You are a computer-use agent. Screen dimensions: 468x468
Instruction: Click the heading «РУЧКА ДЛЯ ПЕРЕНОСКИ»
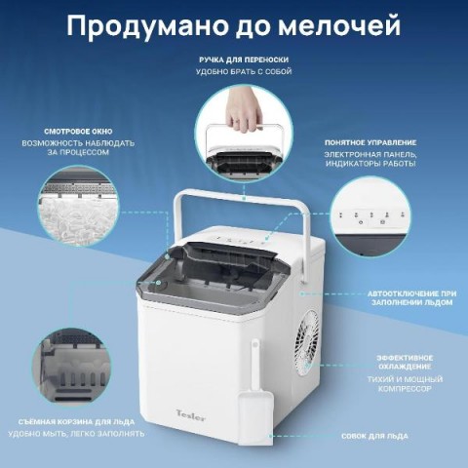pyautogui.click(x=244, y=59)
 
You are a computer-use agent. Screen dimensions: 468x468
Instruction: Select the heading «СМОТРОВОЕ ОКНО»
pyautogui.click(x=78, y=132)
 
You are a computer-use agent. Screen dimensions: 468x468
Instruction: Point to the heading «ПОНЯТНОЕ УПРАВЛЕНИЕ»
pyautogui.click(x=370, y=142)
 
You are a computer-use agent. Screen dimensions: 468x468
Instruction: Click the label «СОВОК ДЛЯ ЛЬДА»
pyautogui.click(x=374, y=436)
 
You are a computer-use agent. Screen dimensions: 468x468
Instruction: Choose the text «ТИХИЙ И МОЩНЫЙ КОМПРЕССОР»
pyautogui.click(x=405, y=384)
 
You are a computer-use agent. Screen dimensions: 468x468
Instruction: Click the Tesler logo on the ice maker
pyautogui.click(x=191, y=415)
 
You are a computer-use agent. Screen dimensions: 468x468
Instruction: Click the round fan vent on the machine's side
pyautogui.click(x=307, y=343)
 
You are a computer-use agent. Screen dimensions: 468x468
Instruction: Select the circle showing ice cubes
pyautogui.click(x=78, y=206)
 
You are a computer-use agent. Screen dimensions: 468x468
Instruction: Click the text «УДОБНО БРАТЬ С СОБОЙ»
pyautogui.click(x=244, y=71)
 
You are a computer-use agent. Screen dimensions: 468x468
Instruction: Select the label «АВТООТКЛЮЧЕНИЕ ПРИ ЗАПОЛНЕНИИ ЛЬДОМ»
pyautogui.click(x=411, y=298)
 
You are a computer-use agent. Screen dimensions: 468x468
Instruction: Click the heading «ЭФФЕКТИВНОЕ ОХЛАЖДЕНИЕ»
pyautogui.click(x=405, y=362)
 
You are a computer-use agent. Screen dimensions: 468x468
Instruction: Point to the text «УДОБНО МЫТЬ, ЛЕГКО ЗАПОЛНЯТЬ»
pyautogui.click(x=76, y=434)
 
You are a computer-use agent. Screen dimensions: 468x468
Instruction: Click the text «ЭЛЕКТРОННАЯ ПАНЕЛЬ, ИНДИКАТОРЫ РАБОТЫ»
pyautogui.click(x=370, y=159)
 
